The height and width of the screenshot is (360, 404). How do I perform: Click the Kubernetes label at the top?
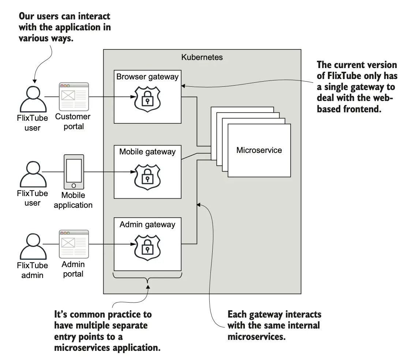tap(202, 58)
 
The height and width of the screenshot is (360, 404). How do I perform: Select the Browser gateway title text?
tap(147, 77)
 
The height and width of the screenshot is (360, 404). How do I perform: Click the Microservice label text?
tap(259, 150)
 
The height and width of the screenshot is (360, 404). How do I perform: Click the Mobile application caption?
tap(73, 200)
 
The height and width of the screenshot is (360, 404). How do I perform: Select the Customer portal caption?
tap(73, 121)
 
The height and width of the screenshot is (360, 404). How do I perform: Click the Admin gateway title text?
tap(147, 224)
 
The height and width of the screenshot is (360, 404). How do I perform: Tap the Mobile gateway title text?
tap(147, 151)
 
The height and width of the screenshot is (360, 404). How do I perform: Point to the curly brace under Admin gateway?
tap(147, 279)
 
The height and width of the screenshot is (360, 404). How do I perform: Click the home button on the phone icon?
tap(74, 185)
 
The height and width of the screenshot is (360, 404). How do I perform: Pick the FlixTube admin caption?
tap(33, 270)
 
